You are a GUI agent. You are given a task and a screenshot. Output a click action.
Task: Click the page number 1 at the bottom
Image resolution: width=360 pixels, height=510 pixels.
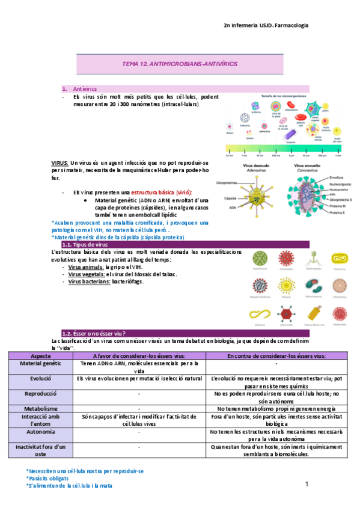tap(306, 484)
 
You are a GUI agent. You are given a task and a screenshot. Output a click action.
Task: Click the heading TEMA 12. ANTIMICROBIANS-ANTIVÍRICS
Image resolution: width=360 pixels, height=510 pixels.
tap(180, 63)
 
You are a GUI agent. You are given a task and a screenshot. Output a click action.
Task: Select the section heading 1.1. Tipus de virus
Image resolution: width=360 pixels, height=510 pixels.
tap(85, 244)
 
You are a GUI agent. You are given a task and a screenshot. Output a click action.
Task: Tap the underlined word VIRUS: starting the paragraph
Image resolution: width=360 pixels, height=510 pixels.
tap(59, 163)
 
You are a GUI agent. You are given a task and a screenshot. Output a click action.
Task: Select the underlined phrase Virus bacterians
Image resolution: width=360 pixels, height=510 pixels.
tap(88, 281)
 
